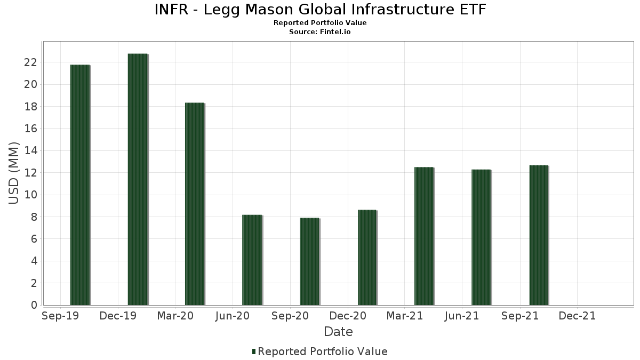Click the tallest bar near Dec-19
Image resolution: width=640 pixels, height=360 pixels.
click(x=138, y=180)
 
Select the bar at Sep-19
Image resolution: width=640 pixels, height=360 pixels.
click(x=80, y=185)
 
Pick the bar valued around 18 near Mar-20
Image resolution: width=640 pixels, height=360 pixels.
click(x=195, y=204)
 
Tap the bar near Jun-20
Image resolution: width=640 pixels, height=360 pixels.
click(x=252, y=260)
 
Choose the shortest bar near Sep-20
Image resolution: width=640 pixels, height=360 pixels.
click(x=310, y=262)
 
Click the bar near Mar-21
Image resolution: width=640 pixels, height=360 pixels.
click(x=425, y=236)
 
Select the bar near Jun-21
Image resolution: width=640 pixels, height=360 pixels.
click(x=481, y=237)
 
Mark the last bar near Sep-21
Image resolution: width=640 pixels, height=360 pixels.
click(x=539, y=235)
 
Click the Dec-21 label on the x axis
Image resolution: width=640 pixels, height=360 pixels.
click(x=577, y=316)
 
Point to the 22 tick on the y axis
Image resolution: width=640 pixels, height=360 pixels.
click(x=30, y=62)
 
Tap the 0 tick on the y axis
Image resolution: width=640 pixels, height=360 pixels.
click(x=34, y=305)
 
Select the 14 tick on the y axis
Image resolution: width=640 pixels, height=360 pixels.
click(x=30, y=151)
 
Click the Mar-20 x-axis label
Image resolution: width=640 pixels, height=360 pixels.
click(x=175, y=316)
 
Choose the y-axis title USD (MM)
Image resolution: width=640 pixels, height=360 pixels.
click(x=14, y=173)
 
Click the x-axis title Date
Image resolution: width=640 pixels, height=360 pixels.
click(x=338, y=332)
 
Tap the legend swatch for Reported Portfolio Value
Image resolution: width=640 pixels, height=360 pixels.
click(x=254, y=351)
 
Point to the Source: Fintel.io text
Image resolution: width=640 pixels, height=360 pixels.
click(x=320, y=32)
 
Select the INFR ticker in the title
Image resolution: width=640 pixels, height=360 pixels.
click(x=171, y=10)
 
